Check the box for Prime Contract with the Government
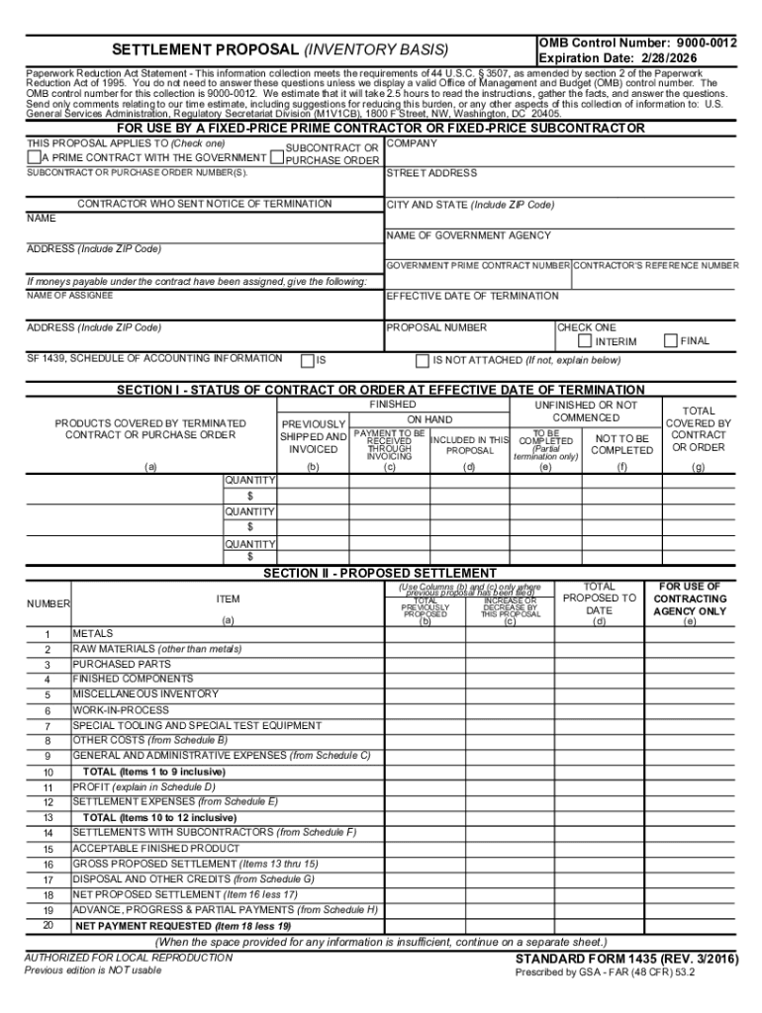34,157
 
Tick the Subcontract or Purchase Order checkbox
276,157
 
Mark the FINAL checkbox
671,341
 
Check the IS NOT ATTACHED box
423,360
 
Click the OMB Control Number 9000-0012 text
637,44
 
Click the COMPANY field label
411,143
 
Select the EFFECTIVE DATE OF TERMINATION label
472,296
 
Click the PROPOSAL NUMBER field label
436,327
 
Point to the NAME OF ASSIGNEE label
69,296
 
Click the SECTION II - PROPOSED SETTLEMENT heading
380,573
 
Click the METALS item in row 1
93,633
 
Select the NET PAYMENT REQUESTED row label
183,926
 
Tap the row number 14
48,833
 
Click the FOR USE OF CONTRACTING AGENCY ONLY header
690,599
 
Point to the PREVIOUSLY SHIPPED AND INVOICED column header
314,436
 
